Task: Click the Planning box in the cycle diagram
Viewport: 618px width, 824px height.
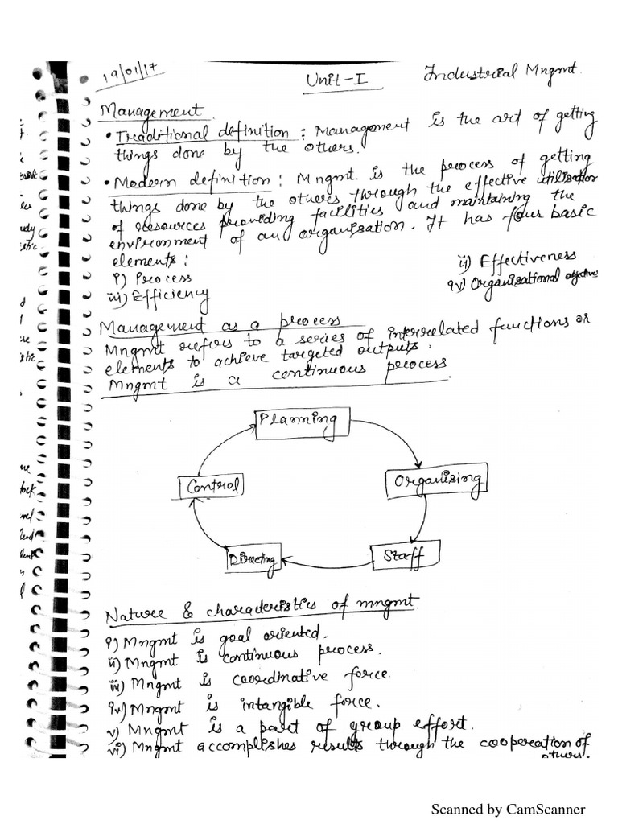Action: [x=303, y=422]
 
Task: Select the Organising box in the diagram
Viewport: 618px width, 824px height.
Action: [x=437, y=481]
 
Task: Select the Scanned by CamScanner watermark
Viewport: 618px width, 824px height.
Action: [x=508, y=809]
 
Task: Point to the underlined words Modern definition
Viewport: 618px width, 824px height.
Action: [x=190, y=179]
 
